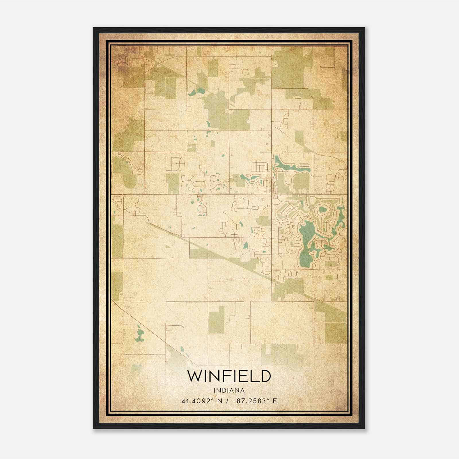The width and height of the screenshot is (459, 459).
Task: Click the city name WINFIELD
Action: [x=229, y=376]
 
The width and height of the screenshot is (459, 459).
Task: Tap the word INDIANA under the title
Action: [x=229, y=390]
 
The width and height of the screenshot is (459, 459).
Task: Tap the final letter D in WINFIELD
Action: [x=266, y=376]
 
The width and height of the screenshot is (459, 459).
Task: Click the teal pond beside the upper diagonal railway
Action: [x=197, y=92]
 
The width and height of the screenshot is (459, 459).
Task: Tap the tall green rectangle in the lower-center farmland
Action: [x=216, y=320]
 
